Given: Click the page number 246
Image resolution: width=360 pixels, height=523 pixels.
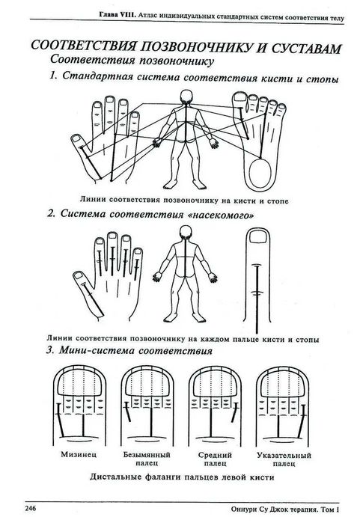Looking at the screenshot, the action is (31, 509).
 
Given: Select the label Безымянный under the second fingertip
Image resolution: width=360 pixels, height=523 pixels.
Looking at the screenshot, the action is (147, 455).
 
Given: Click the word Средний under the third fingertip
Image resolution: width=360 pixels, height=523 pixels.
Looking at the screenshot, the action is (215, 455).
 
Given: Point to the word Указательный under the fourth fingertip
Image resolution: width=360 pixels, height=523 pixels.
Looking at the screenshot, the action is (284, 456).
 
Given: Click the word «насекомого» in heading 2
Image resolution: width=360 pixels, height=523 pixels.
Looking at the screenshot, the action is (222, 215).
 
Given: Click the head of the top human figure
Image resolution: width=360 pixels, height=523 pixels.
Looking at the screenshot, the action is (186, 97).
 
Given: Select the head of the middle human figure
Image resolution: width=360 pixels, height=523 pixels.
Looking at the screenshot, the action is (186, 232).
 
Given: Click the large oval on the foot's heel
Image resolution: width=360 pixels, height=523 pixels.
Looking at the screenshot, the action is (260, 174).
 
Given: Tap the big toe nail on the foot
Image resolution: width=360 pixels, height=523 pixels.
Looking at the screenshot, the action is (239, 97).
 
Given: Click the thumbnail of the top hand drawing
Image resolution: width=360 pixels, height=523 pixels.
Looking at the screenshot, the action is (76, 138).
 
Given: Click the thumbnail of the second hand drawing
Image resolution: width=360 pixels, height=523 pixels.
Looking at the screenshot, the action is (79, 275).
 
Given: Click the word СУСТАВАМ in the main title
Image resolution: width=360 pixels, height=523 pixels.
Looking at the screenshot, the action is (306, 48).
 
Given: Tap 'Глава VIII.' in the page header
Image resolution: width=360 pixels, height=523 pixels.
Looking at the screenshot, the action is (117, 15).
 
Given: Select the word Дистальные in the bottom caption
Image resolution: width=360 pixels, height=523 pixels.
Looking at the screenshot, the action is (115, 477).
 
